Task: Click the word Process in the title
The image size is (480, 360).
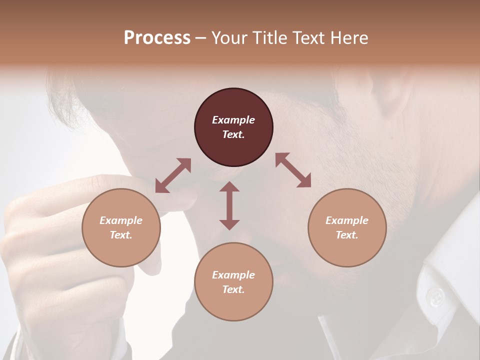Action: tap(157, 38)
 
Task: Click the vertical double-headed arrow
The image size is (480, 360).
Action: tap(229, 205)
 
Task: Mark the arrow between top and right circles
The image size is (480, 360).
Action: tap(293, 170)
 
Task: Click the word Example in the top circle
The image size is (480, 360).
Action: tap(233, 120)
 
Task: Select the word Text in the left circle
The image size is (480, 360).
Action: tap(121, 235)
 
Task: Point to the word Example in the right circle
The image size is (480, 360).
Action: tap(347, 220)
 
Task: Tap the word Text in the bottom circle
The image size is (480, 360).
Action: tap(233, 289)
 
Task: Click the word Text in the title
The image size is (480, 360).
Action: tap(309, 38)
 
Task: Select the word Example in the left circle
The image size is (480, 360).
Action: tap(121, 220)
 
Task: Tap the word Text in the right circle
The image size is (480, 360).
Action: tap(347, 235)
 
